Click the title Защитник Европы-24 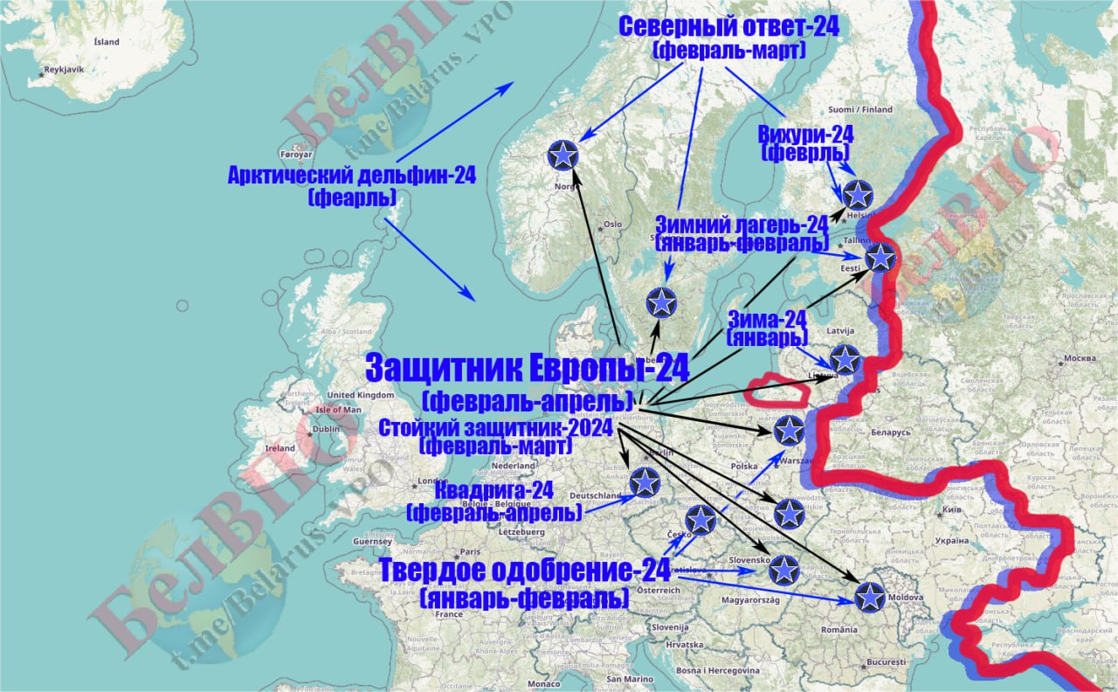tap(527, 368)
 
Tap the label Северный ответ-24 tap(728, 26)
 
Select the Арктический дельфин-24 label tap(352, 176)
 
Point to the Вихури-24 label tap(805, 135)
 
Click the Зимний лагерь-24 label tap(742, 225)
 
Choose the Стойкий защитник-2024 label tap(495, 427)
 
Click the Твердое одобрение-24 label tap(524, 571)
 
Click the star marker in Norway tap(563, 155)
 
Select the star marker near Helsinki tap(859, 194)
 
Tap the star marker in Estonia tap(880, 257)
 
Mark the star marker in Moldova tap(869, 596)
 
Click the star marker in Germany tap(645, 481)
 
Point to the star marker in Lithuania tap(845, 358)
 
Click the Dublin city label tap(326, 429)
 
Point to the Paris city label tap(471, 551)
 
